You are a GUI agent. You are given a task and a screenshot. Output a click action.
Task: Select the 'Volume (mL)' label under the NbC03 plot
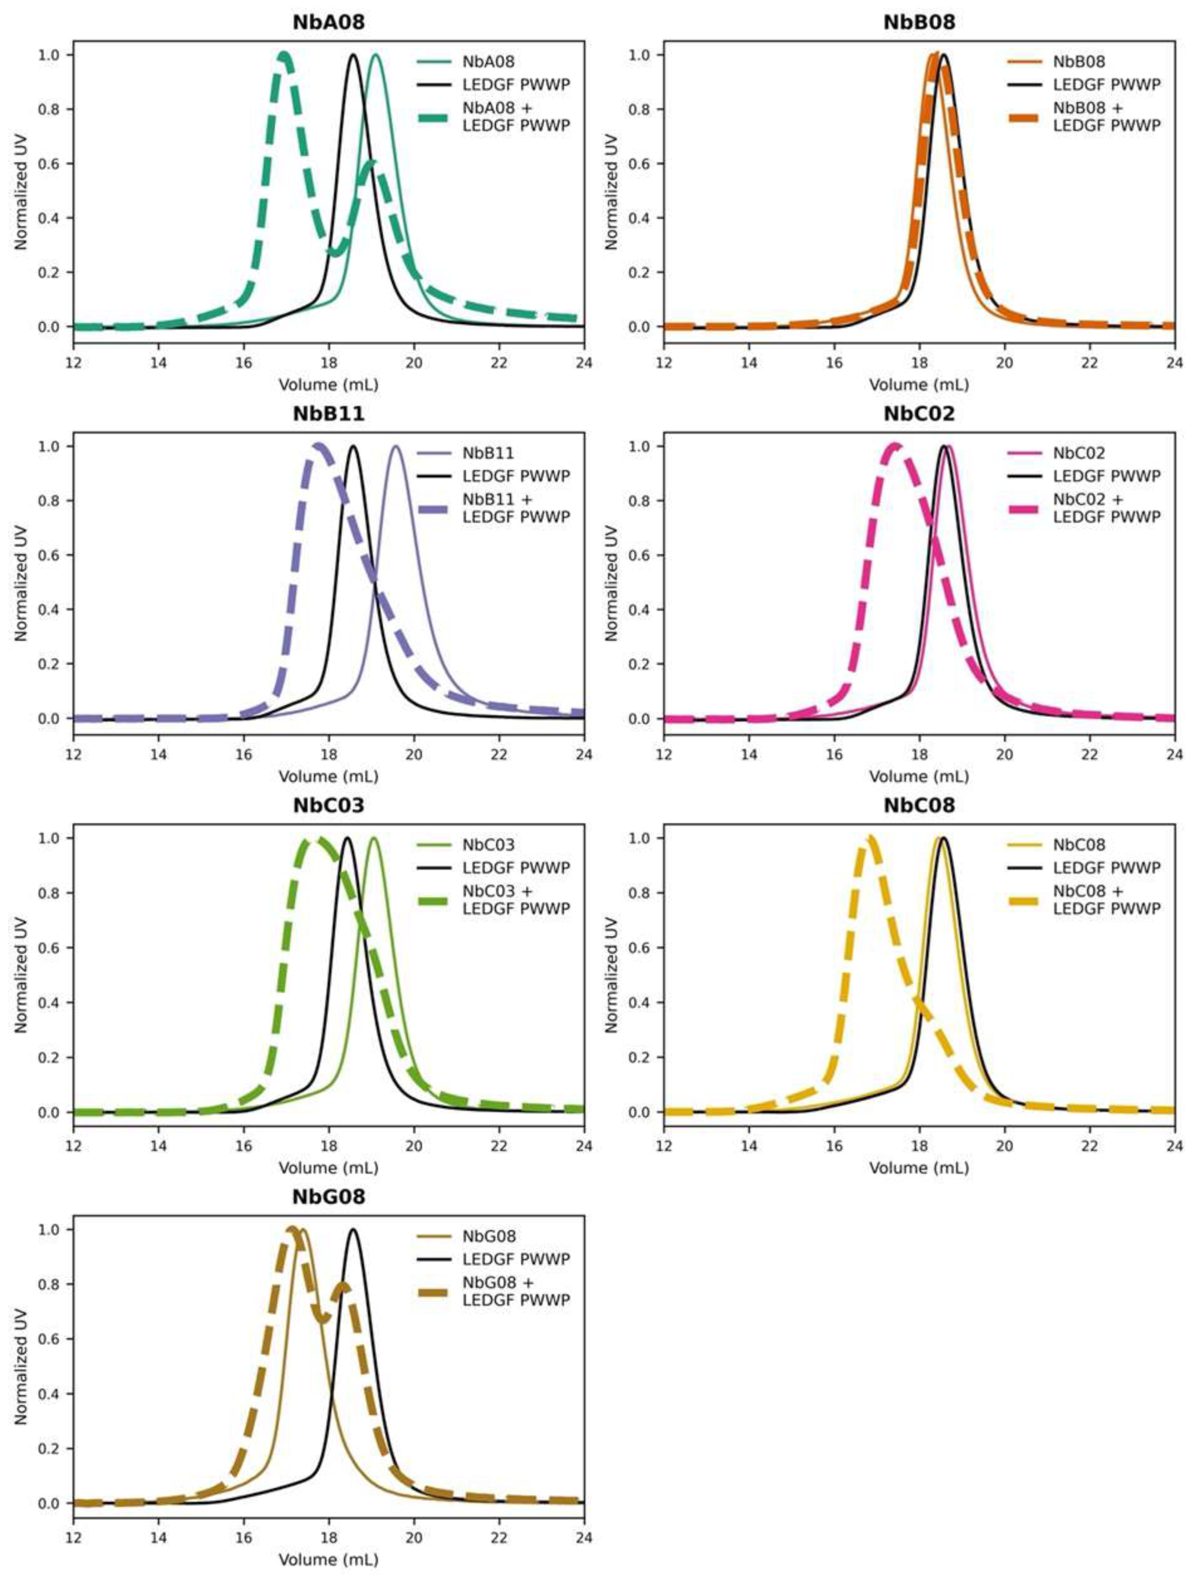pos(328,1167)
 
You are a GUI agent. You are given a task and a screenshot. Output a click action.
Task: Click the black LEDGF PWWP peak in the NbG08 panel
pos(353,1229)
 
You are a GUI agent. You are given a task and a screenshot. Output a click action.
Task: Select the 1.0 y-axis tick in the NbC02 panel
pos(649,446)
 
